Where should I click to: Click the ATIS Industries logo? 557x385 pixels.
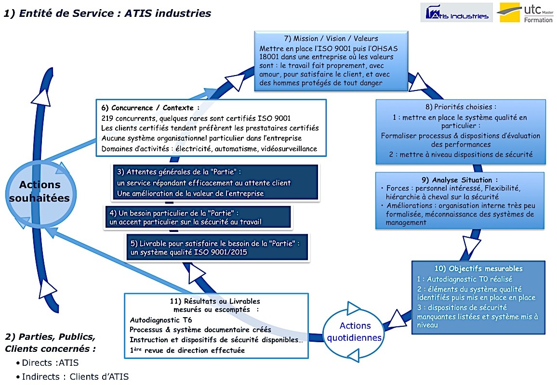click(456, 13)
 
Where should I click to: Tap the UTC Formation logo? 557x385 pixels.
click(525, 13)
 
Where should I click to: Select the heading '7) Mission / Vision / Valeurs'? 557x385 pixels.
click(331, 38)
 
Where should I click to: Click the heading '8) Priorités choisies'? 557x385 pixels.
click(460, 107)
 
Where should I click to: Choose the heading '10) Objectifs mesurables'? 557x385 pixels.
click(478, 269)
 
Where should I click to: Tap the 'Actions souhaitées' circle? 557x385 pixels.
click(40, 192)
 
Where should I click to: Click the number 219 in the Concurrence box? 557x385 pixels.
click(107, 118)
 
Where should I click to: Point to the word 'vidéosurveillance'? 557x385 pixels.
click(289, 149)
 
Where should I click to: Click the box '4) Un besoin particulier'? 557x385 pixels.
click(198, 217)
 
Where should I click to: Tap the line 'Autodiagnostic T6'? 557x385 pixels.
click(161, 320)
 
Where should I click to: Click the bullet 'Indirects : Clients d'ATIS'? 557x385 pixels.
click(72, 376)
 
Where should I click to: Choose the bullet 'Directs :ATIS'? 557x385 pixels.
click(47, 363)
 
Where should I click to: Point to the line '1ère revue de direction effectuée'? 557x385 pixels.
click(187, 350)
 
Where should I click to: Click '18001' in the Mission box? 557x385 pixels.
click(268, 57)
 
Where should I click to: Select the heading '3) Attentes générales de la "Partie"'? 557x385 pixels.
click(179, 172)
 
